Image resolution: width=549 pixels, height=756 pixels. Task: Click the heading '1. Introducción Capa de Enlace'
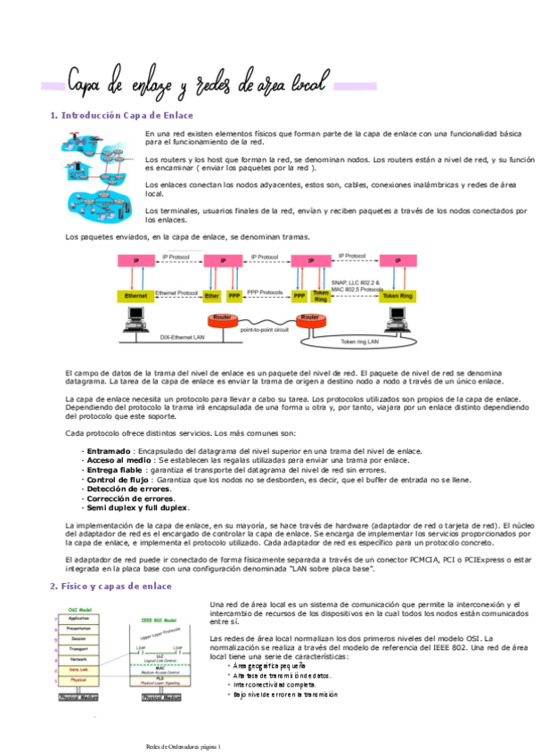121,116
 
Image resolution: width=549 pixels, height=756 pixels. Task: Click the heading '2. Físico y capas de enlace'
111,586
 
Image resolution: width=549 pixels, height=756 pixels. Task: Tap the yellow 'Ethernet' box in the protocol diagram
135,294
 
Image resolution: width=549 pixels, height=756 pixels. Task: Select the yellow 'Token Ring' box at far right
397,294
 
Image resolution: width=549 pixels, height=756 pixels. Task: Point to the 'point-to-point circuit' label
265,330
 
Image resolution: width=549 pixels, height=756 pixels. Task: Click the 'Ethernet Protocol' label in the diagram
176,292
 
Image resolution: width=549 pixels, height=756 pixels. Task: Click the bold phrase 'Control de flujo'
114,479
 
